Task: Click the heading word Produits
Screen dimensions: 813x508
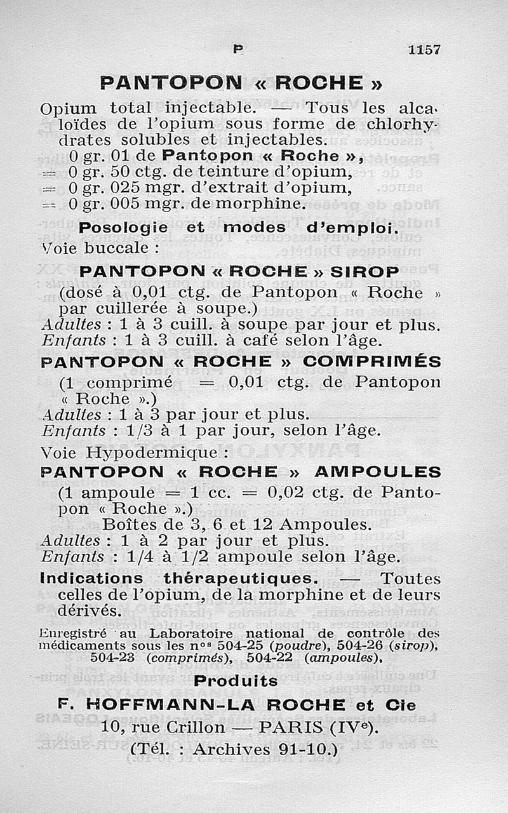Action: click(236, 681)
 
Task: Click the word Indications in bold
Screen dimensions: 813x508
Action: click(91, 579)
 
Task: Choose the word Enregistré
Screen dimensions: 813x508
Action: click(72, 633)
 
